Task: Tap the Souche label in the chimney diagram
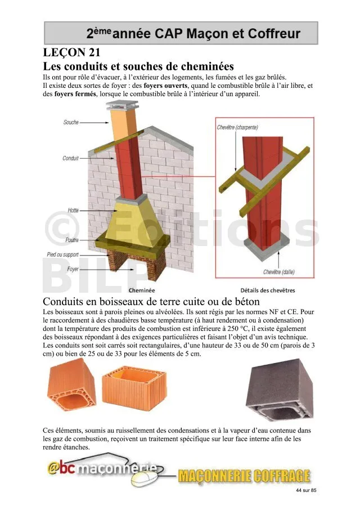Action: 71,122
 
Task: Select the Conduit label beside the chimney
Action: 70,159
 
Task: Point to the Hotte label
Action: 73,210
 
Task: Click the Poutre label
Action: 71,240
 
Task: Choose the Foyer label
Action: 73,270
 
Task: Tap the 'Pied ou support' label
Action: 62,255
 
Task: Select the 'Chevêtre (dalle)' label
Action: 281,272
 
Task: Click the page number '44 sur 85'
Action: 306,491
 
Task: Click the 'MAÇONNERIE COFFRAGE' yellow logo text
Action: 244,477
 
